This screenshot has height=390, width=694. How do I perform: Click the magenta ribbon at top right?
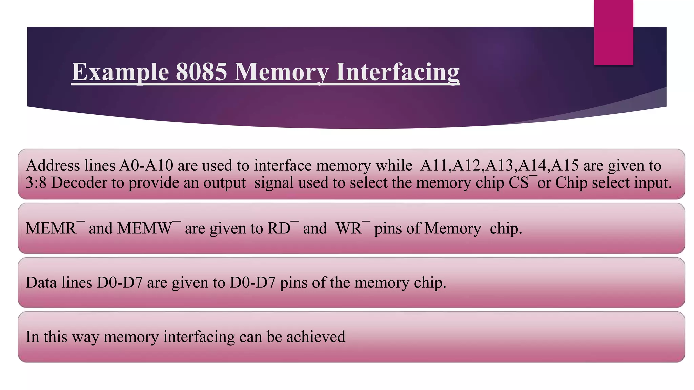[613, 32]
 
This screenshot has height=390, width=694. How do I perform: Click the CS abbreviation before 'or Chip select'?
[518, 183]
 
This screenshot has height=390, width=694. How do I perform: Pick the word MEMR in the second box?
[51, 228]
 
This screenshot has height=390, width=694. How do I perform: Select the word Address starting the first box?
[53, 166]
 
